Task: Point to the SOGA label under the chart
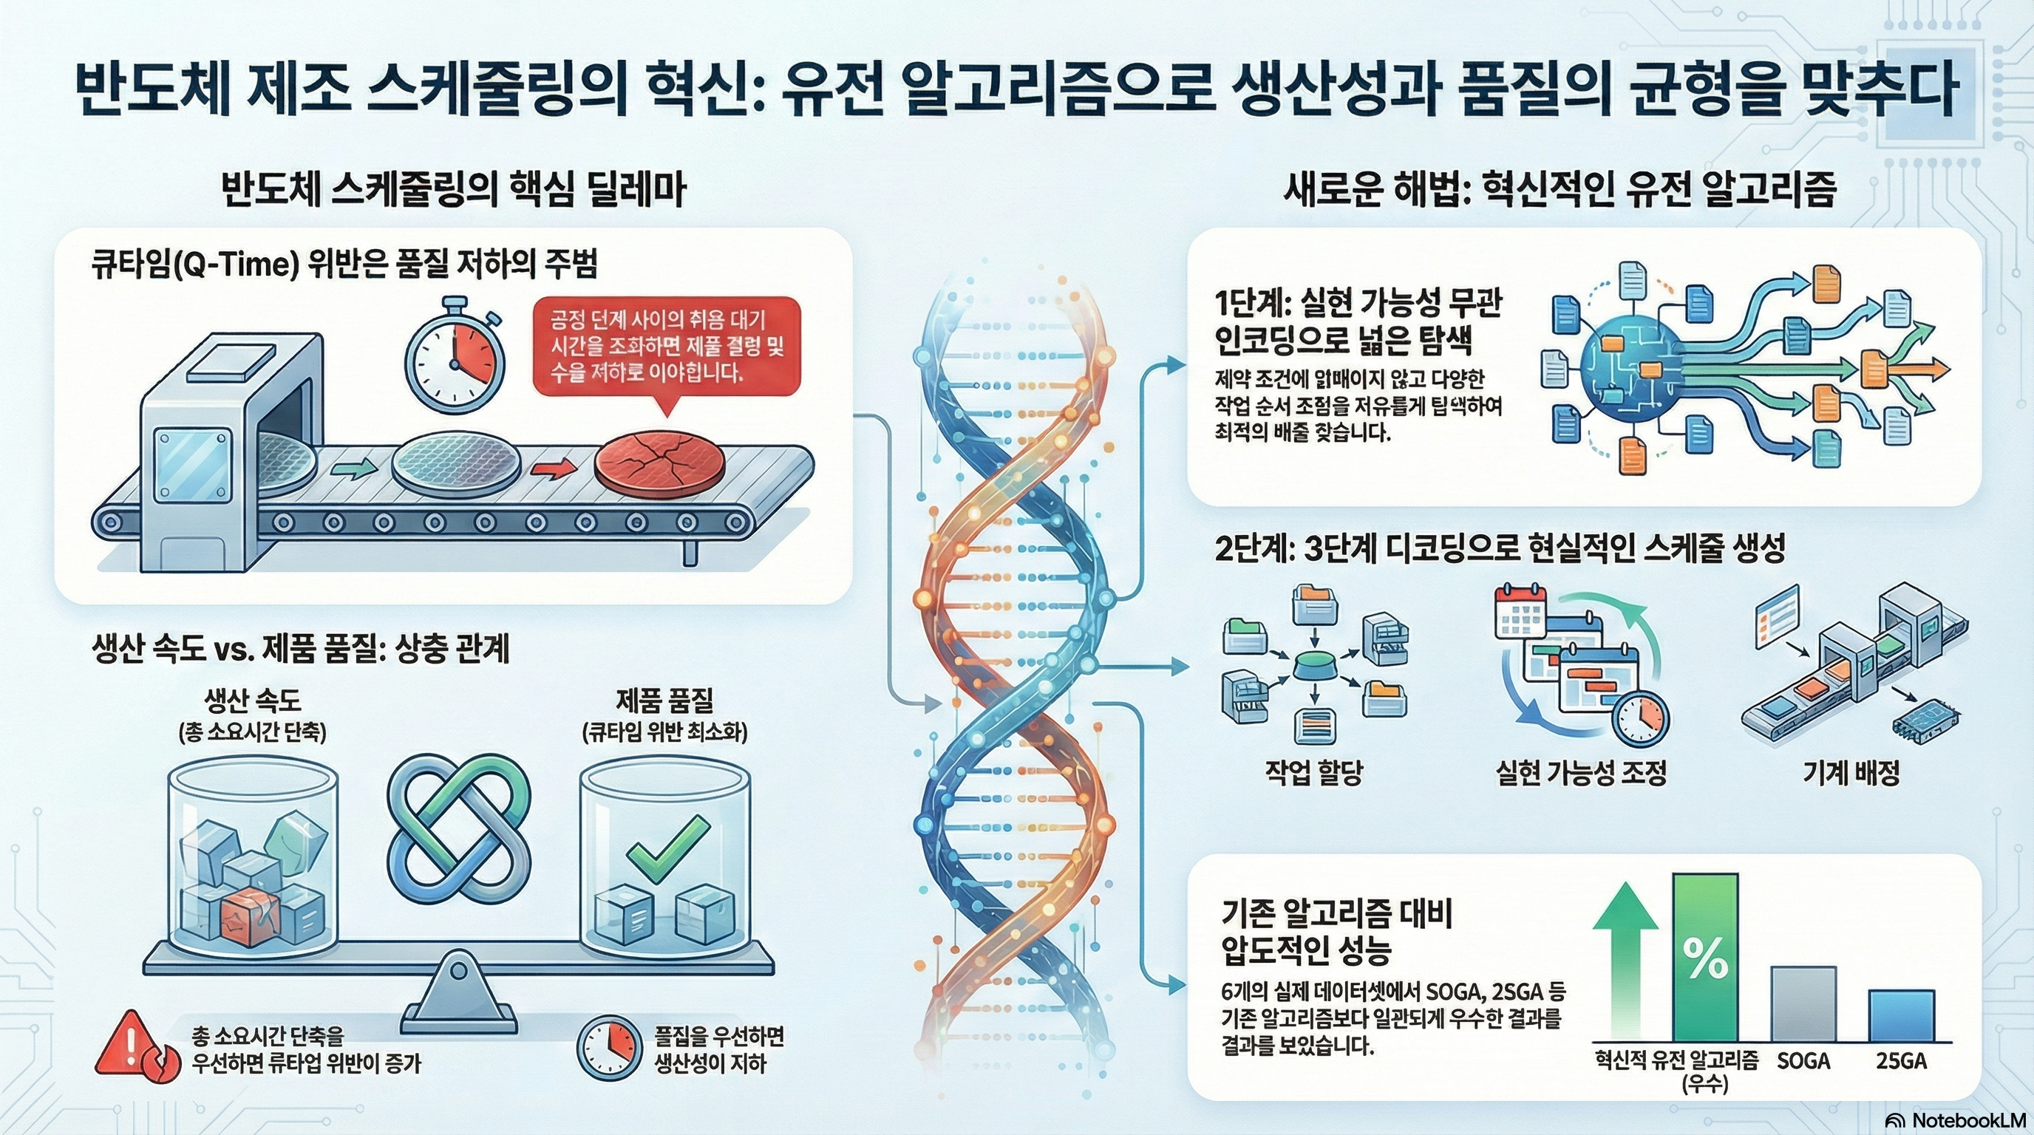point(1803,1061)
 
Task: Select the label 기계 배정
point(1851,772)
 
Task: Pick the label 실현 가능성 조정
point(1581,772)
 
